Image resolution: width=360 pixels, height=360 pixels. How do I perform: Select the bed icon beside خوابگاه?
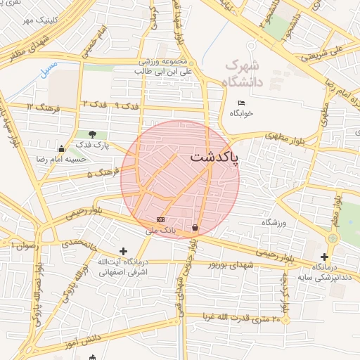(x=241, y=103)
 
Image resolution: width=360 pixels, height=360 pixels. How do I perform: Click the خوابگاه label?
(x=240, y=112)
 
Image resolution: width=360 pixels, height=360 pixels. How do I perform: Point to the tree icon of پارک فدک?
(x=93, y=134)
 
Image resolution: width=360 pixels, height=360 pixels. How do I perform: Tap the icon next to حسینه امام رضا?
(x=62, y=148)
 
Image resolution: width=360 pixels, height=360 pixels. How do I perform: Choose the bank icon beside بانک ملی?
(x=160, y=219)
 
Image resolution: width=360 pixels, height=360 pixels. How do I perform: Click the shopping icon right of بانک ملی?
(x=194, y=227)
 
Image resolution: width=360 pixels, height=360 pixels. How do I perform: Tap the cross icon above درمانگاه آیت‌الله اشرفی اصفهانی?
(x=124, y=250)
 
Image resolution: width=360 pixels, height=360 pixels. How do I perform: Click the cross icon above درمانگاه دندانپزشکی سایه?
(x=324, y=257)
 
